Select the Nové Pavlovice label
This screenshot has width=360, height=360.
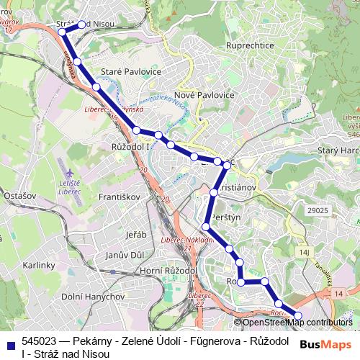(204, 95)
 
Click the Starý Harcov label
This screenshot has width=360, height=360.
(338, 151)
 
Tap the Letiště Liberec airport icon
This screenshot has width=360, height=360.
(68, 174)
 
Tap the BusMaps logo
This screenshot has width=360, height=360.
(325, 345)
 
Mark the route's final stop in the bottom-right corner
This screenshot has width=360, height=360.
(298, 315)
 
